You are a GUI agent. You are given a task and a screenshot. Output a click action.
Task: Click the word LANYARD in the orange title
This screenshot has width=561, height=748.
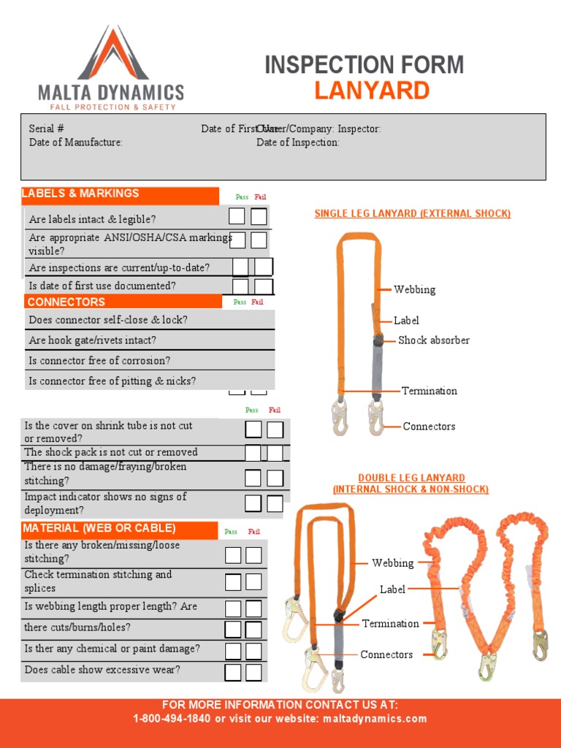click(x=372, y=91)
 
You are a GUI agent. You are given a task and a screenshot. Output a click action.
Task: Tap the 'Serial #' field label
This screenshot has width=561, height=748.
click(x=46, y=129)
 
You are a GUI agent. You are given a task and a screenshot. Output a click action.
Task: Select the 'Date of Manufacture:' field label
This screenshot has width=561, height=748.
click(x=75, y=142)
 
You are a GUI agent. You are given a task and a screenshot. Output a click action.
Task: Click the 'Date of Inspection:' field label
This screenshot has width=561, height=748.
click(x=297, y=142)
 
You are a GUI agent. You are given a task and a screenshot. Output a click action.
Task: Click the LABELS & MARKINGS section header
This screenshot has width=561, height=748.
click(x=80, y=194)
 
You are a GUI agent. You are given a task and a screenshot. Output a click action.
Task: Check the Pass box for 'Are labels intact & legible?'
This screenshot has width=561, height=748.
click(x=237, y=216)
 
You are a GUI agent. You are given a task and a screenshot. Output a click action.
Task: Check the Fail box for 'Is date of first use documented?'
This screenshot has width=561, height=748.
click(x=264, y=286)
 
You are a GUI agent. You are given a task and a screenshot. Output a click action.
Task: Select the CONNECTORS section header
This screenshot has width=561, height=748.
click(x=66, y=302)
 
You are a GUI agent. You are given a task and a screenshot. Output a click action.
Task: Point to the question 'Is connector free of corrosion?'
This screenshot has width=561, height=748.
click(x=99, y=361)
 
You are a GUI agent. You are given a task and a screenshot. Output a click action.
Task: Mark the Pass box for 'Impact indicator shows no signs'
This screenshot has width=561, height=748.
click(x=253, y=503)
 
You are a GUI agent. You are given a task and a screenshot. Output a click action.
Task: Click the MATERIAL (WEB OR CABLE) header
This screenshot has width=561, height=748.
click(x=99, y=528)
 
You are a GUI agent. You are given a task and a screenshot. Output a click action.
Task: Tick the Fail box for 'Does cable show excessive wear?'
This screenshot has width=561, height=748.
click(x=253, y=672)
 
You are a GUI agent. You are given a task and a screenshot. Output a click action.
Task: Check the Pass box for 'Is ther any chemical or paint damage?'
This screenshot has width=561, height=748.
click(x=233, y=651)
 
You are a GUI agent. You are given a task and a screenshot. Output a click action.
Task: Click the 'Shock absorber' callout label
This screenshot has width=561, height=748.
click(x=433, y=340)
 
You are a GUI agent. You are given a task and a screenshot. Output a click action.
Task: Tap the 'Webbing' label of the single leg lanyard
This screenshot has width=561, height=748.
click(x=414, y=290)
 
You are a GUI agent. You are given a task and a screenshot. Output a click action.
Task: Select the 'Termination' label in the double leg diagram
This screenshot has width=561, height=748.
click(x=390, y=624)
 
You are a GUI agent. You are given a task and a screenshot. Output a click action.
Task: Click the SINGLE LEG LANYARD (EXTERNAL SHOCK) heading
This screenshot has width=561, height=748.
click(x=412, y=214)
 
